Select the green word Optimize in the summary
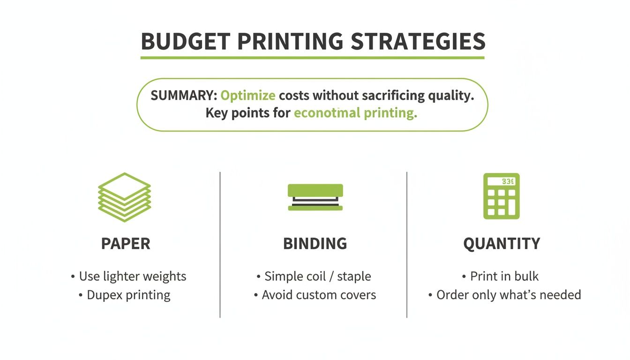[x=247, y=96]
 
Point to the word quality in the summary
[x=451, y=96]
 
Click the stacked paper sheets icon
[x=124, y=197]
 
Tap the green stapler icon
[x=315, y=197]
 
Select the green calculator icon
[x=501, y=196]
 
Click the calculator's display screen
[x=501, y=181]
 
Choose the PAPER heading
[x=126, y=244]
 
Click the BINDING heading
[x=315, y=244]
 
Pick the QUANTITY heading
[x=502, y=244]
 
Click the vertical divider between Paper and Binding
[x=220, y=244]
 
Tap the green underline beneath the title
[x=312, y=58]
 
